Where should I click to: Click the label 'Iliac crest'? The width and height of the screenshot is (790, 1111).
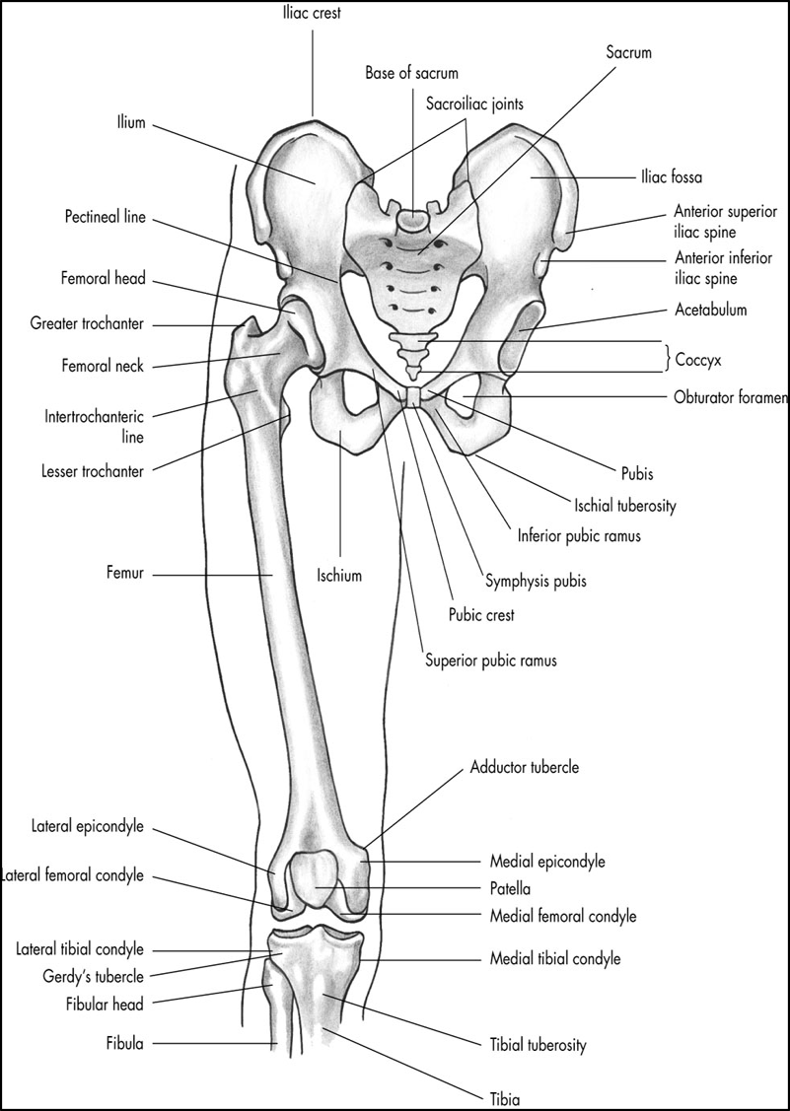pos(312,13)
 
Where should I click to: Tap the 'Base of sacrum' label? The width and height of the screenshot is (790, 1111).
pos(411,73)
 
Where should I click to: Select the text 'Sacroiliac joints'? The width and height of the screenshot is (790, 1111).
pos(475,103)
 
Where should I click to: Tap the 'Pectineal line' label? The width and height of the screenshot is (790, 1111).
pos(105,216)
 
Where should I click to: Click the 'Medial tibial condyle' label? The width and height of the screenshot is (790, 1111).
pos(555,957)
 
